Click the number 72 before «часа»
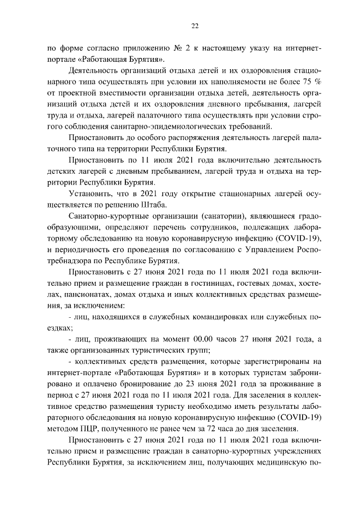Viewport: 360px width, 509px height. point(236,427)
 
